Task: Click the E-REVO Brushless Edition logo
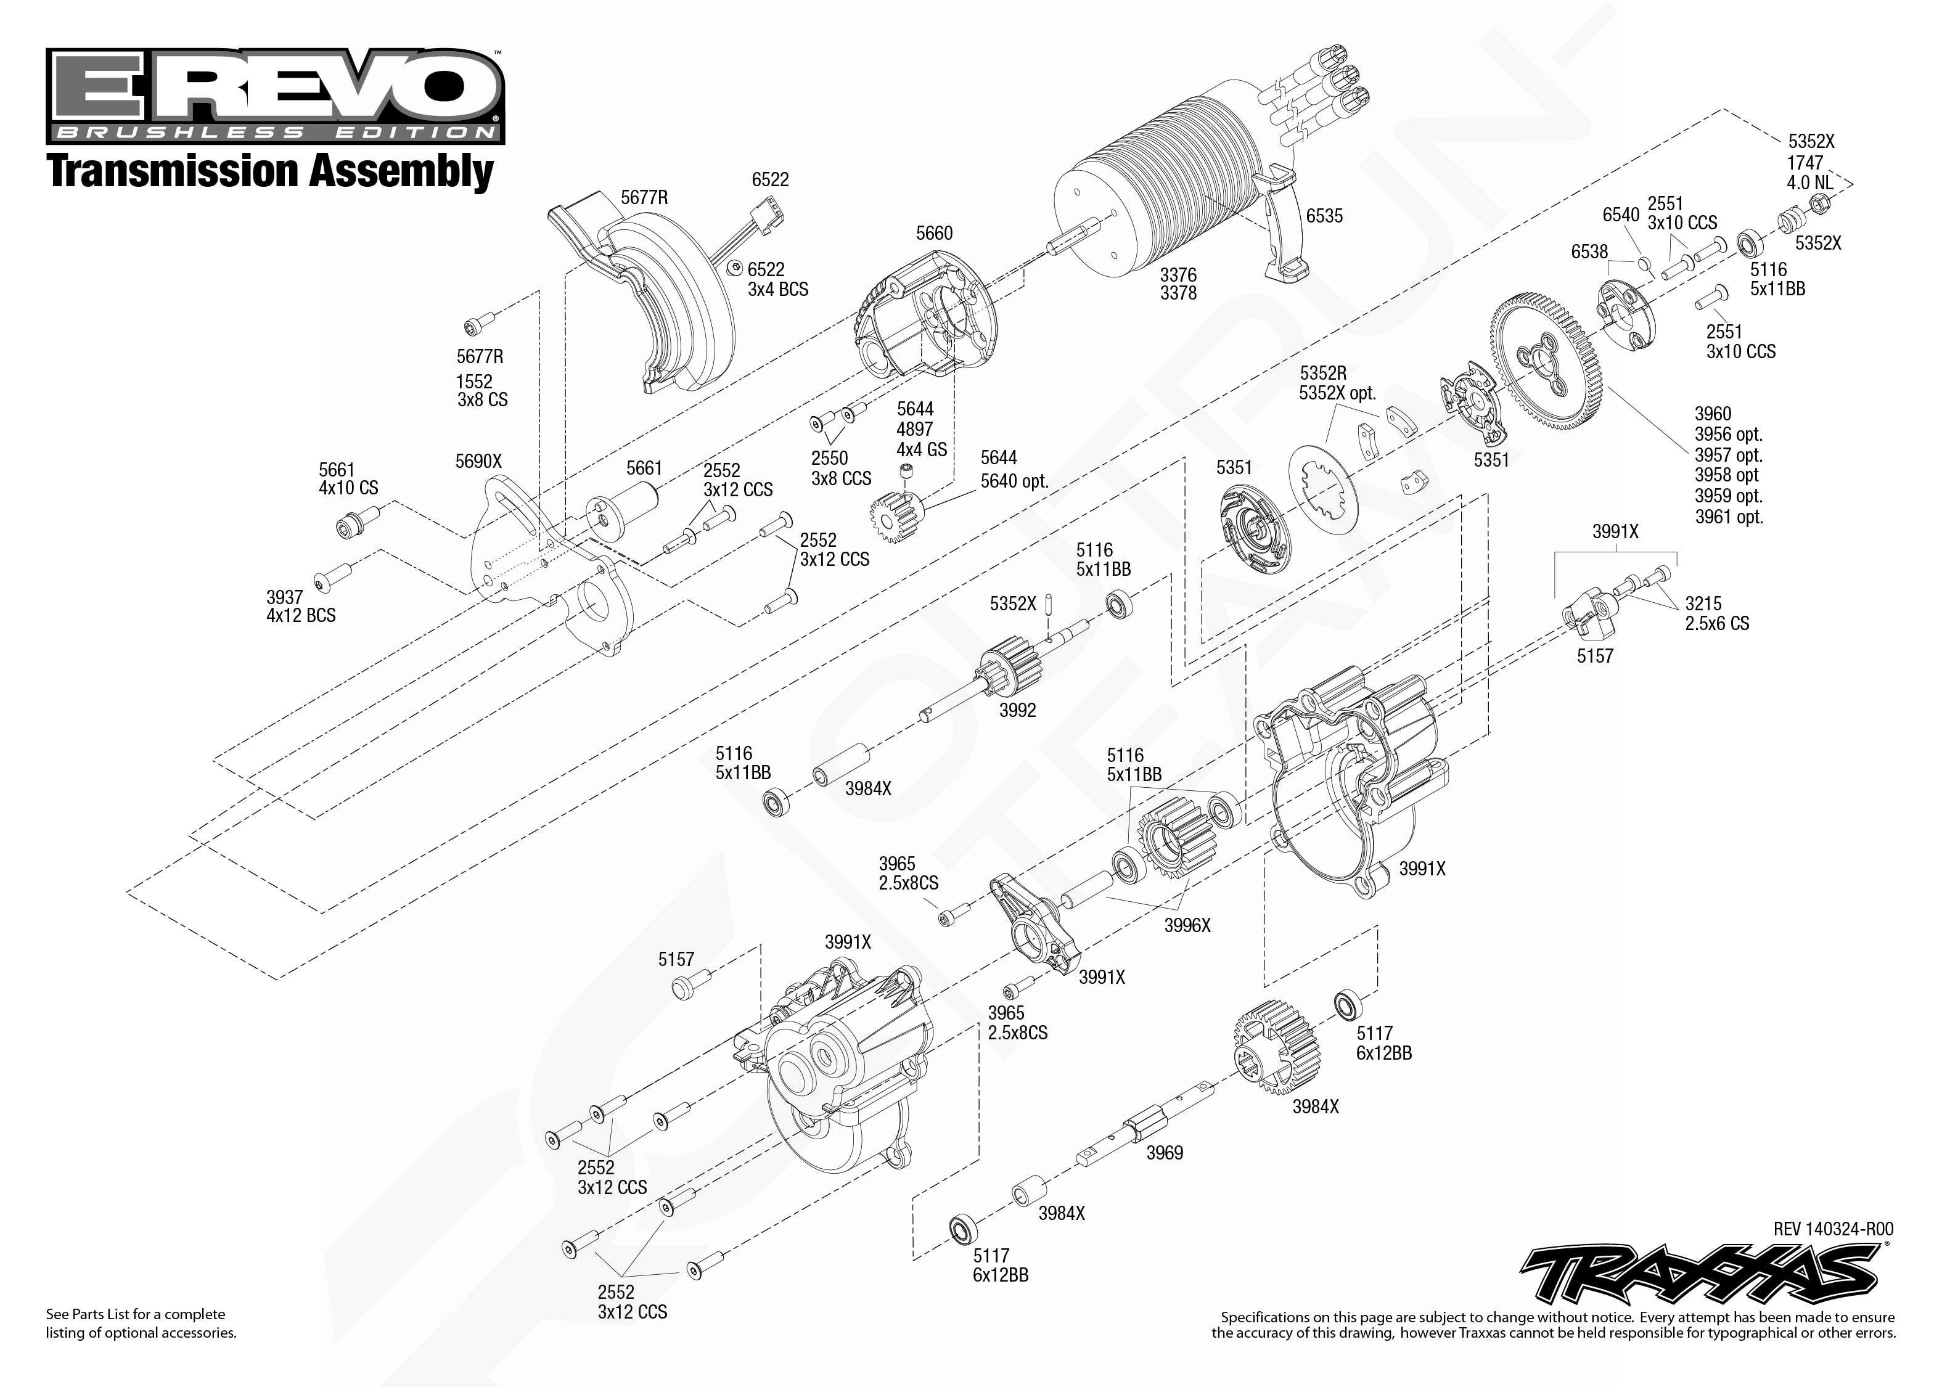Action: click(x=275, y=96)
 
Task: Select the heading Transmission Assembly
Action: click(x=270, y=170)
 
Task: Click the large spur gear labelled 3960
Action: click(x=1546, y=359)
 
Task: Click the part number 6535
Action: click(x=1324, y=216)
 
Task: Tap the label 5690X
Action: click(x=478, y=461)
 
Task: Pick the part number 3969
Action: click(x=1164, y=1153)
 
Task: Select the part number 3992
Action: click(x=1017, y=710)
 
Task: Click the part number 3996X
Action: click(x=1187, y=925)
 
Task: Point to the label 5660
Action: click(x=934, y=233)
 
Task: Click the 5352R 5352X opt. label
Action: click(x=1337, y=383)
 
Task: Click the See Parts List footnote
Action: click(x=141, y=1323)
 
